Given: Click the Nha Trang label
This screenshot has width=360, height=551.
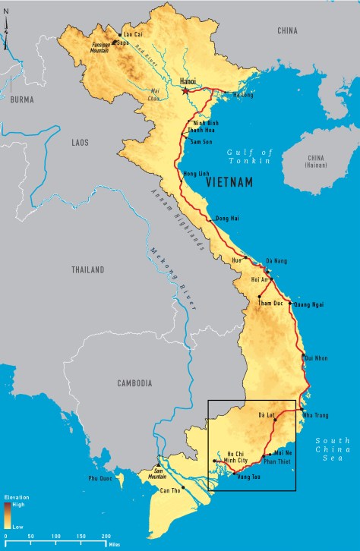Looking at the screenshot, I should [x=317, y=415].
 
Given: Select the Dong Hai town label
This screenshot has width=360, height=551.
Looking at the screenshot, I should [x=228, y=219].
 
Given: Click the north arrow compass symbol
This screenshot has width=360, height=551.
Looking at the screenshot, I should [x=7, y=34].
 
